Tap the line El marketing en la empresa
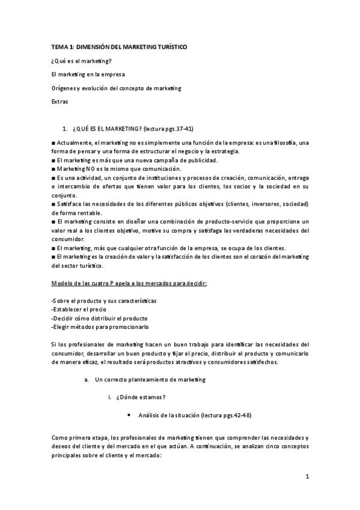pos(88,75)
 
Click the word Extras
pos(60,102)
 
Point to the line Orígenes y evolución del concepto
pos(116,88)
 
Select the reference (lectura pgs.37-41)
pos(172,129)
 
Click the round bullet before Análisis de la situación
pos(130,416)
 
